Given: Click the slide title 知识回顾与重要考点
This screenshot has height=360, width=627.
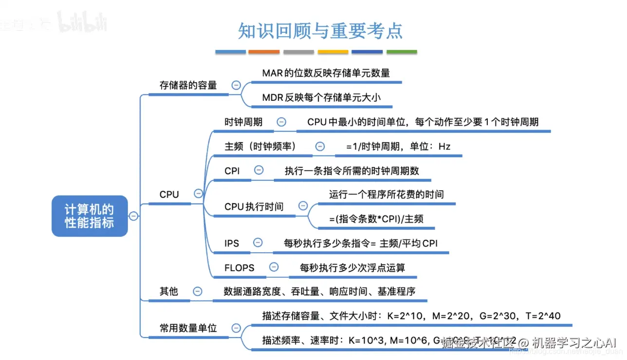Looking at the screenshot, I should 320,31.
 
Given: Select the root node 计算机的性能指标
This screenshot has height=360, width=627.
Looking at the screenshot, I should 90,216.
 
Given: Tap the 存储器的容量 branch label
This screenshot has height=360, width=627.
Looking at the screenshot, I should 188,85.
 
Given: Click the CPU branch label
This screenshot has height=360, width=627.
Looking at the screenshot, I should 169,194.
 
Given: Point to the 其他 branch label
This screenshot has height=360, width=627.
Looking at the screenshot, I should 168,291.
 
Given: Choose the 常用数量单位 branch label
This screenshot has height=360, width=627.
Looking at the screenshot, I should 188,328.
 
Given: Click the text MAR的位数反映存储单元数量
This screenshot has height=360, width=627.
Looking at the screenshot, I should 326,73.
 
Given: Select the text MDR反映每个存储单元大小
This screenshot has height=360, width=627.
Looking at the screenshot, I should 321,97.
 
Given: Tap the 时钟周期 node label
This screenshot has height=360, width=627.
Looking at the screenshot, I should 243,122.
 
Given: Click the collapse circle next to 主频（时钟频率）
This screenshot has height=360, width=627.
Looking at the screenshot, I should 320,146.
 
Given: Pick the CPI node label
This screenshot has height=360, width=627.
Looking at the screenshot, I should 232,171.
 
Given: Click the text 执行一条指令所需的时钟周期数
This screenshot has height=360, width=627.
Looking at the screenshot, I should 351,171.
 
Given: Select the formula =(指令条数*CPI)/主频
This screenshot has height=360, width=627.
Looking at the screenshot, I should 376,219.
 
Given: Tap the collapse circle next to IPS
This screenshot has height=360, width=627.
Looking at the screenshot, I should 258,243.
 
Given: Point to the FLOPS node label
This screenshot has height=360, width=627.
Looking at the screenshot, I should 239,267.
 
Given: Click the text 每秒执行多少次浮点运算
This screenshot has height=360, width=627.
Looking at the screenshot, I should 352,267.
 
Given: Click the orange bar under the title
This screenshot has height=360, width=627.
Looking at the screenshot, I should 264,52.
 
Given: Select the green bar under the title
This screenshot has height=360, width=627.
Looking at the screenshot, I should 402,52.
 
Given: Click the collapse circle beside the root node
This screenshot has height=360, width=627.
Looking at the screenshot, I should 133,216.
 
